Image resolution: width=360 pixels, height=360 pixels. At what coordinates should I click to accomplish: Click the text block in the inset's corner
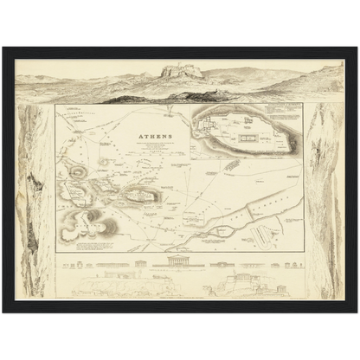pos(276,113)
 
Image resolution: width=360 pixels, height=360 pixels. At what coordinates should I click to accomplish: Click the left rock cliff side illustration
pos(35,199)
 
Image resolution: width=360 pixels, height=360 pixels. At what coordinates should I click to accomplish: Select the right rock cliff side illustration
pos(325,199)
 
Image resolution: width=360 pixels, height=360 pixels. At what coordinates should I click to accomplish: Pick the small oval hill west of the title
pos(105,161)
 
